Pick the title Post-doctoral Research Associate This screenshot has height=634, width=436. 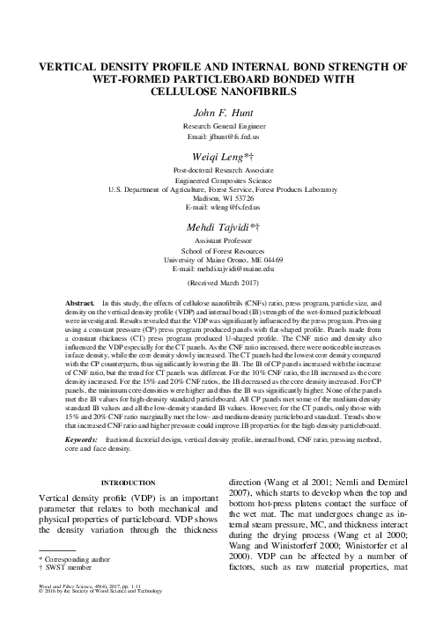[218, 169]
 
